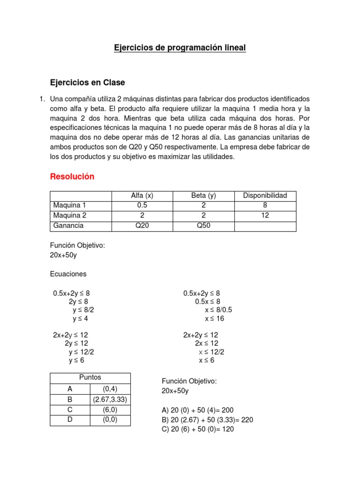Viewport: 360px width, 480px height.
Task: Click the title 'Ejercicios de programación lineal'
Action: pyautogui.click(x=180, y=48)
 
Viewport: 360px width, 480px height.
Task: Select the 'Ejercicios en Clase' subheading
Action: pyautogui.click(x=87, y=82)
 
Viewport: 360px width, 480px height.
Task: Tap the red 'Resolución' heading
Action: pyautogui.click(x=72, y=177)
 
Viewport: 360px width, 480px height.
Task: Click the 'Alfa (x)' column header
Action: pyautogui.click(x=142, y=195)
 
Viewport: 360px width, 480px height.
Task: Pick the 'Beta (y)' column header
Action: pyautogui.click(x=203, y=195)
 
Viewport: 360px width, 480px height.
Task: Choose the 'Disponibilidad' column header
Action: pyautogui.click(x=265, y=195)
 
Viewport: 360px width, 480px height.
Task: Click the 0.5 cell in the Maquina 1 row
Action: pyautogui.click(x=142, y=205)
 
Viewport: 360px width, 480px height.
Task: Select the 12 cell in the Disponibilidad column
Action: pyautogui.click(x=265, y=216)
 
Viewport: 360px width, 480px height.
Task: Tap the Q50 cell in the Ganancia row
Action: pyautogui.click(x=203, y=225)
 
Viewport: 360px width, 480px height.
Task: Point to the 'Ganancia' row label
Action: pyautogui.click(x=68, y=225)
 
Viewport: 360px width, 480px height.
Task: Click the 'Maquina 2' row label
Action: pyautogui.click(x=70, y=216)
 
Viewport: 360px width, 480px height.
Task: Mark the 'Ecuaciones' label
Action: pyautogui.click(x=68, y=274)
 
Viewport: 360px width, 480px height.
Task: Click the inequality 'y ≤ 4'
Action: pyautogui.click(x=80, y=319)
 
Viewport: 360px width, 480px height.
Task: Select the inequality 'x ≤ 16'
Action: pyautogui.click(x=215, y=319)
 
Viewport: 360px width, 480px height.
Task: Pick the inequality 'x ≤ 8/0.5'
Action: pyautogui.click(x=219, y=310)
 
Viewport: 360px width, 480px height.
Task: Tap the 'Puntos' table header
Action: pyautogui.click(x=90, y=377)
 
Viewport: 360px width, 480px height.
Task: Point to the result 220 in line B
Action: pyautogui.click(x=247, y=420)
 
